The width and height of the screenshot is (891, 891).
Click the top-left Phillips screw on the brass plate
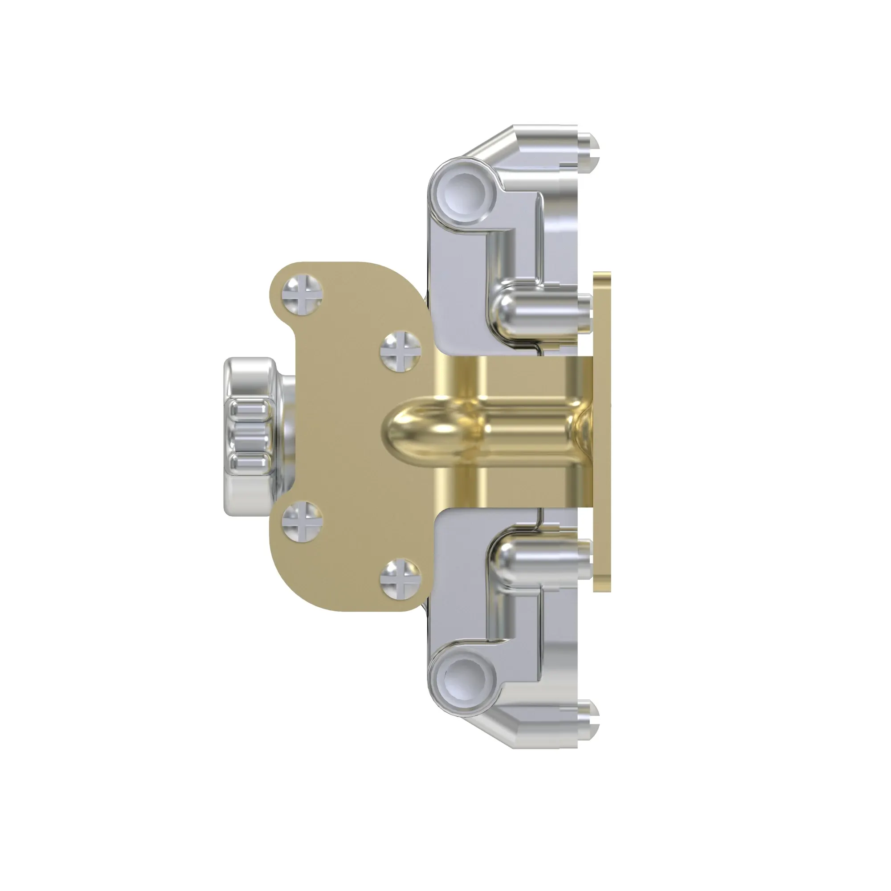302,295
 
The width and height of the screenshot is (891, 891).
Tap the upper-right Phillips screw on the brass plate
400,351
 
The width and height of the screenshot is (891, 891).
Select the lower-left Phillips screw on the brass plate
302,521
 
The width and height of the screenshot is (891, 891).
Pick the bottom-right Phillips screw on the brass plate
400,579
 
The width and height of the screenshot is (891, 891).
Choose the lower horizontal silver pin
540,559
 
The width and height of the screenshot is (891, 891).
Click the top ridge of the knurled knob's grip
250,409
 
